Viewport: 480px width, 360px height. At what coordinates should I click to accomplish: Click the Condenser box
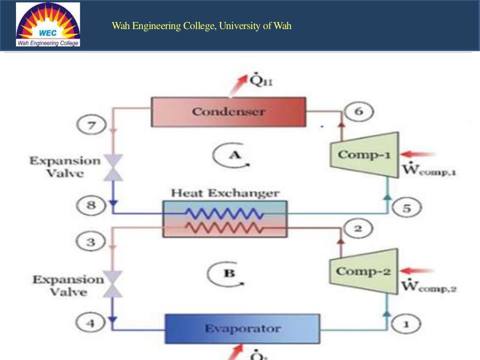click(228, 112)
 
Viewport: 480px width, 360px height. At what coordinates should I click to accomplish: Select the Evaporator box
click(242, 329)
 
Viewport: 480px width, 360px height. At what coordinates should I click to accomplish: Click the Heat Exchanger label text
click(225, 193)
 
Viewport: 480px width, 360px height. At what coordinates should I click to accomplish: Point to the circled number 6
click(359, 112)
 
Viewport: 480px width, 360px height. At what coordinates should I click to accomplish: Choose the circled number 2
click(358, 229)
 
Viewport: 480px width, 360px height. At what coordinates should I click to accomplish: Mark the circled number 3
click(92, 242)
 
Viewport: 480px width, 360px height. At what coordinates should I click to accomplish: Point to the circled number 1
click(406, 323)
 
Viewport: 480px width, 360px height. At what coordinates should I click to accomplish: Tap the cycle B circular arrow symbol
click(229, 273)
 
